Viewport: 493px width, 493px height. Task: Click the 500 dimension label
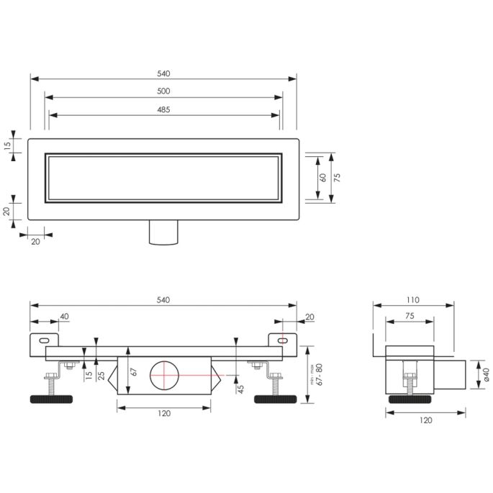(x=163, y=91)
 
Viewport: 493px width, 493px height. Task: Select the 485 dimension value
(x=163, y=109)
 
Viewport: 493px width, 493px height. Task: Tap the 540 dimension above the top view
(x=163, y=73)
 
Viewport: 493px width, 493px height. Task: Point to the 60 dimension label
(x=323, y=176)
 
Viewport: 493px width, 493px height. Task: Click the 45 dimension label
(x=242, y=388)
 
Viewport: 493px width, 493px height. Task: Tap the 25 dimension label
(x=101, y=374)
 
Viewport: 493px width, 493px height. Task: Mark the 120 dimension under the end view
(x=426, y=420)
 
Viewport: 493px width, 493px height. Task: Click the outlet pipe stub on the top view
(x=164, y=232)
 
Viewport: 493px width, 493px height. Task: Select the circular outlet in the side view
(x=165, y=375)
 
